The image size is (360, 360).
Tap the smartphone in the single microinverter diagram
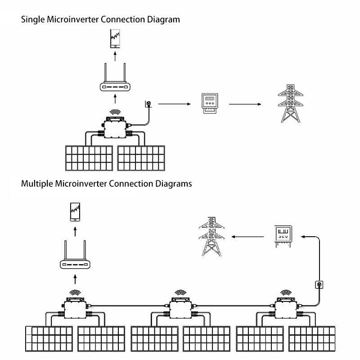(x=116, y=39)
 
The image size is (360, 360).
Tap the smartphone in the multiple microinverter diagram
(x=75, y=212)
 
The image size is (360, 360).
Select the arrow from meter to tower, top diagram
(x=245, y=104)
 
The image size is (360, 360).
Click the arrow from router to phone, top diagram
(x=116, y=56)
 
